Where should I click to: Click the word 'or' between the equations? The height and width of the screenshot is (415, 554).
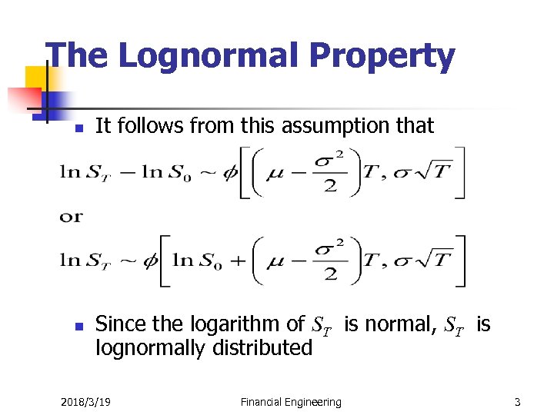point(70,217)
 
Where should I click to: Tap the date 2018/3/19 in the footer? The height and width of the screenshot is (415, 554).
point(85,402)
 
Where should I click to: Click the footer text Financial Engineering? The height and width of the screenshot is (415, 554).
point(291,402)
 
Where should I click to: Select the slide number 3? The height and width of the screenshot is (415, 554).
point(518,402)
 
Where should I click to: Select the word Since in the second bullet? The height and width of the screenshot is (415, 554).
point(121,325)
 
